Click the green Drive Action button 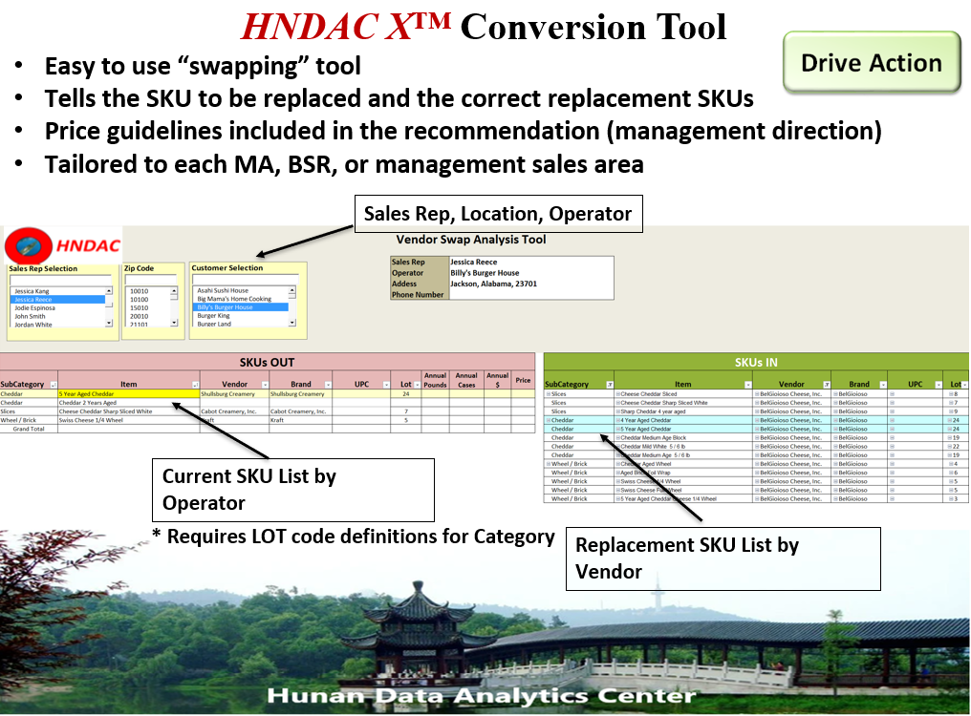pos(872,63)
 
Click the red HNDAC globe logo pos(29,246)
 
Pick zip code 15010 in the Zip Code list pos(140,307)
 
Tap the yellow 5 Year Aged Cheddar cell pos(128,393)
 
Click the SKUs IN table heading pos(755,362)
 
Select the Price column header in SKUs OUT pos(523,380)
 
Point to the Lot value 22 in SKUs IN pos(955,446)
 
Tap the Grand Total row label pos(29,429)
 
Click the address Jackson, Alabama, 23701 pos(493,284)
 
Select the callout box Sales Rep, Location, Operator pos(497,214)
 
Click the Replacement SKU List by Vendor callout pos(722,558)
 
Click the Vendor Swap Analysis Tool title pos(471,240)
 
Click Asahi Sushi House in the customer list pos(223,290)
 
